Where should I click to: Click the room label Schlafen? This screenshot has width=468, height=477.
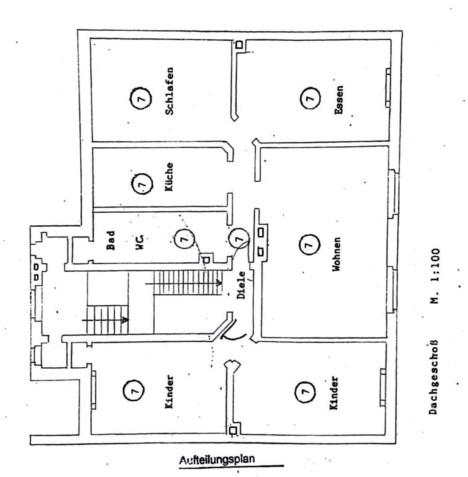pyautogui.click(x=170, y=91)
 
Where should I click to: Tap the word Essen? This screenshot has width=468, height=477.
pyautogui.click(x=339, y=100)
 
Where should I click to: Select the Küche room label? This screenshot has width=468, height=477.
pyautogui.click(x=170, y=177)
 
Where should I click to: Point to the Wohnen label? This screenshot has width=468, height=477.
pyautogui.click(x=337, y=254)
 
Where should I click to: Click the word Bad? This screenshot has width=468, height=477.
pyautogui.click(x=111, y=240)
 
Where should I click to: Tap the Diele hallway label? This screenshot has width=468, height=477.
pyautogui.click(x=241, y=285)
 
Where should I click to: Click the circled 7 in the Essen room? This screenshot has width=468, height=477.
pyautogui.click(x=310, y=97)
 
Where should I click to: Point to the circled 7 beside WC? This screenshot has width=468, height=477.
pyautogui.click(x=184, y=239)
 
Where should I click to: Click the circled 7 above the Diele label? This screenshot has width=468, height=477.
pyautogui.click(x=239, y=238)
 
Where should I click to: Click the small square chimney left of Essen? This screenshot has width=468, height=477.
pyautogui.click(x=239, y=45)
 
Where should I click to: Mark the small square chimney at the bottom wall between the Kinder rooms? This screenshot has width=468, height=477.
pyautogui.click(x=233, y=430)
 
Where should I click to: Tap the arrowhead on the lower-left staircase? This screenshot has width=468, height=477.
pyautogui.click(x=125, y=320)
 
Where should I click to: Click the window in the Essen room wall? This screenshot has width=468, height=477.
pyautogui.click(x=388, y=88)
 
